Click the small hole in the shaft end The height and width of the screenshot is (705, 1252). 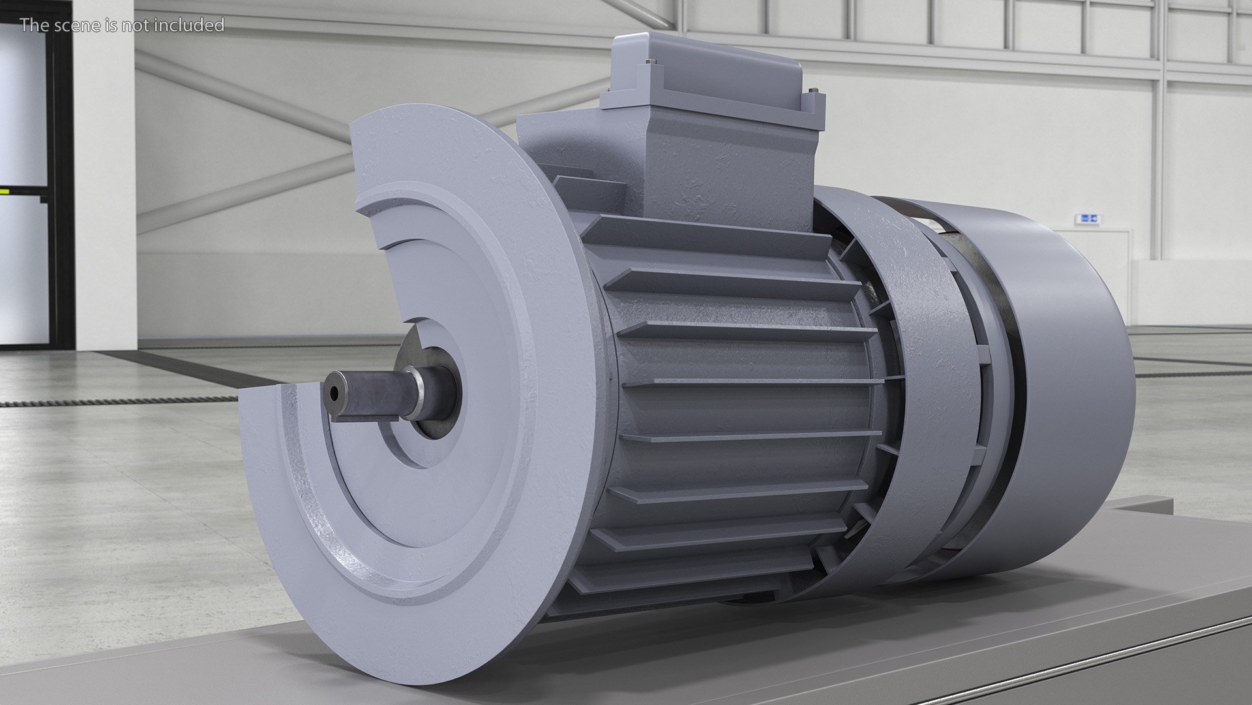coord(334,393)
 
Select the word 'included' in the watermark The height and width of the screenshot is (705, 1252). coord(193,25)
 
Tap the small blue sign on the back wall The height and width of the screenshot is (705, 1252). coord(1088,218)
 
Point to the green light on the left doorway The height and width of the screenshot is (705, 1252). coord(5,191)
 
